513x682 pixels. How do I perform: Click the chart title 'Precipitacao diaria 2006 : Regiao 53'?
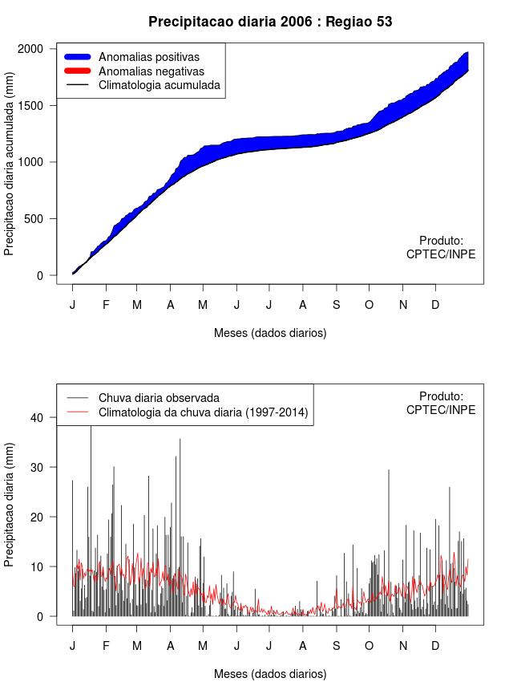[x=270, y=22]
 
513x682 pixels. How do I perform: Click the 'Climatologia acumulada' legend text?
[x=159, y=85]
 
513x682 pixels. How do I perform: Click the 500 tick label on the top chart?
[x=36, y=219]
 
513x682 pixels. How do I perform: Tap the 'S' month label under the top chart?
[x=337, y=305]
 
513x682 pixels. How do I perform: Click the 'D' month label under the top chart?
[x=435, y=305]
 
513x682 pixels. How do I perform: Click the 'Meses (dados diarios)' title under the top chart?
[x=270, y=333]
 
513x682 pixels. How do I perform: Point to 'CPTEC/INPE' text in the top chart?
[x=441, y=254]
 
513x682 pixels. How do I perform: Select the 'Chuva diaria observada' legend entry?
[x=159, y=398]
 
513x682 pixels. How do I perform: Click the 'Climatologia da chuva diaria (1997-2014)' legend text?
[x=204, y=412]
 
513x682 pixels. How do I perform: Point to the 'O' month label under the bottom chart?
[x=370, y=646]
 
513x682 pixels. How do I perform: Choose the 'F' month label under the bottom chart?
[x=106, y=646]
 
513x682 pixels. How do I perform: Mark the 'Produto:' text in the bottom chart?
[x=441, y=396]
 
